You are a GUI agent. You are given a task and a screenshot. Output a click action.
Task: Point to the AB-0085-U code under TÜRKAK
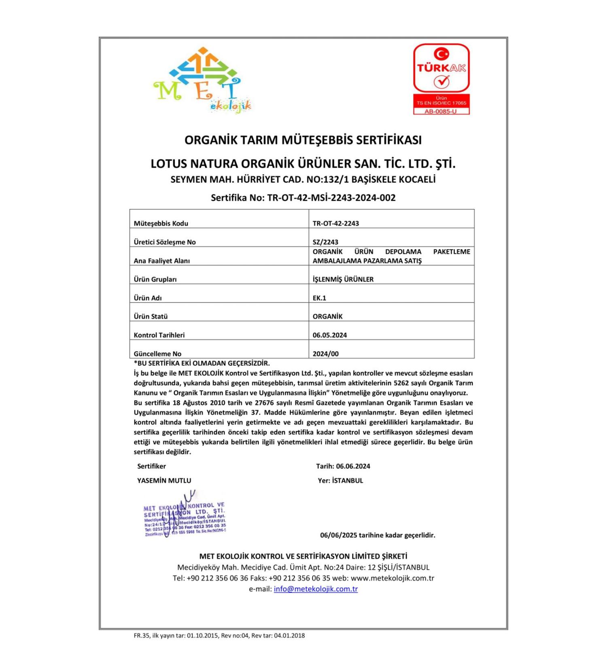click(441, 112)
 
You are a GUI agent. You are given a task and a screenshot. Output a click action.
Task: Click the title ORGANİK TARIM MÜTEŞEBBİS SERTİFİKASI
click(303, 140)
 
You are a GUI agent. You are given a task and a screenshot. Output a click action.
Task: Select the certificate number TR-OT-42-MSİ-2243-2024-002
click(331, 198)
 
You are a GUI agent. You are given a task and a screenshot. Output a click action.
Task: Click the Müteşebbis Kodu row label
click(161, 223)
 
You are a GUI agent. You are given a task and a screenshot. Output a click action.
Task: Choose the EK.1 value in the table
click(319, 298)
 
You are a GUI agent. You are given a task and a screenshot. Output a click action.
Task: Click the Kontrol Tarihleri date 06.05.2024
click(329, 335)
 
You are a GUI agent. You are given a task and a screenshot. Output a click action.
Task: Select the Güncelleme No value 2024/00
click(325, 354)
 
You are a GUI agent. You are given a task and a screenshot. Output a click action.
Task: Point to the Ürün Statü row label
click(151, 316)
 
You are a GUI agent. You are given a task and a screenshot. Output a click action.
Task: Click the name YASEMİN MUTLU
click(164, 480)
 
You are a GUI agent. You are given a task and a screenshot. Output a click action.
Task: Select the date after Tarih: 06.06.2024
click(353, 466)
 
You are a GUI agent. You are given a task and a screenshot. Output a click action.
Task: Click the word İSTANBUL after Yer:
click(347, 481)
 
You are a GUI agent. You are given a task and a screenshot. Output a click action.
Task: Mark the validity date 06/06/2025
click(338, 535)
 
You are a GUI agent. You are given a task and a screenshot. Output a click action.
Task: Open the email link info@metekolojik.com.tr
click(316, 589)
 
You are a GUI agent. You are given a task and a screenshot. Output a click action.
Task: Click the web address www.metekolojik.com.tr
click(392, 578)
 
